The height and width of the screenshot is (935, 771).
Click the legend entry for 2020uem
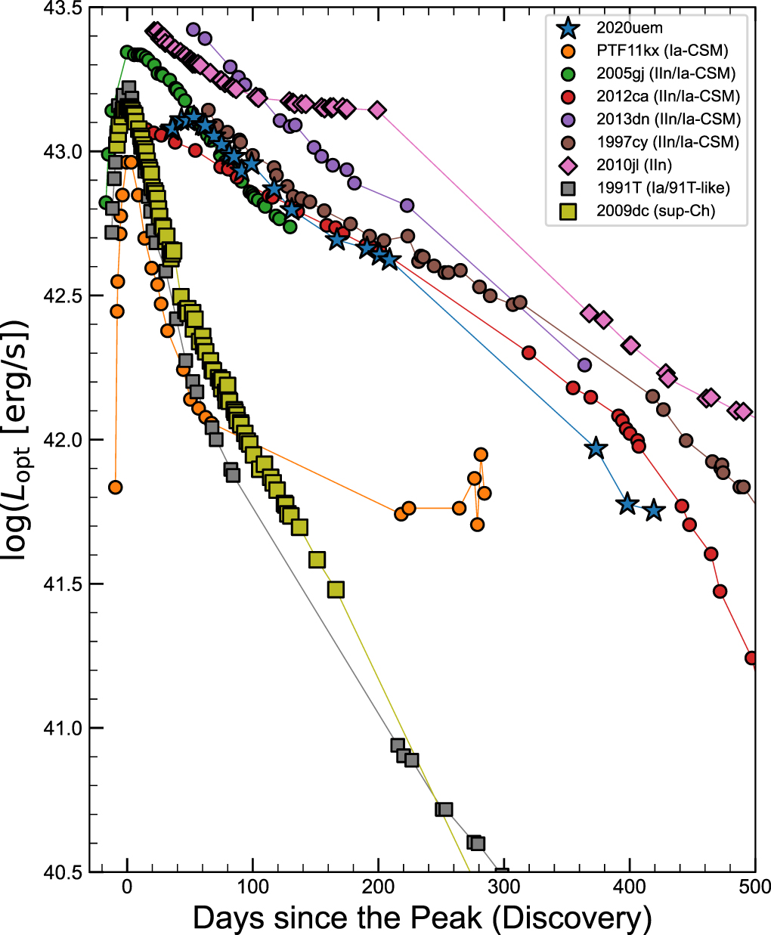pos(629,29)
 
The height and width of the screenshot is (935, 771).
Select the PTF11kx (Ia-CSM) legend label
pos(661,51)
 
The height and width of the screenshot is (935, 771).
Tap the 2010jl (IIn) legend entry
pos(633,165)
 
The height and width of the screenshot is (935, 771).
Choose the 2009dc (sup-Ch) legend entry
pos(655,210)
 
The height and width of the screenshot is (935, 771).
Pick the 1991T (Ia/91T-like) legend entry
pos(663,187)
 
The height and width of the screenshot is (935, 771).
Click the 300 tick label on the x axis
pos(503,887)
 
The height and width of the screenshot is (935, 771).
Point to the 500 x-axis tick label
pos(754,887)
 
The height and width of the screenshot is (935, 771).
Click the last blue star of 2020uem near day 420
pos(654,511)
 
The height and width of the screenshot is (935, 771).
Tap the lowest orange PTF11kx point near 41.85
pos(115,487)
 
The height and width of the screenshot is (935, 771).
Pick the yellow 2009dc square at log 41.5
pos(336,589)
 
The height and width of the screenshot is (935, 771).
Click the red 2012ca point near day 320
pos(529,352)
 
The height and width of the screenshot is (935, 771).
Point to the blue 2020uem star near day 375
pos(596,448)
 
